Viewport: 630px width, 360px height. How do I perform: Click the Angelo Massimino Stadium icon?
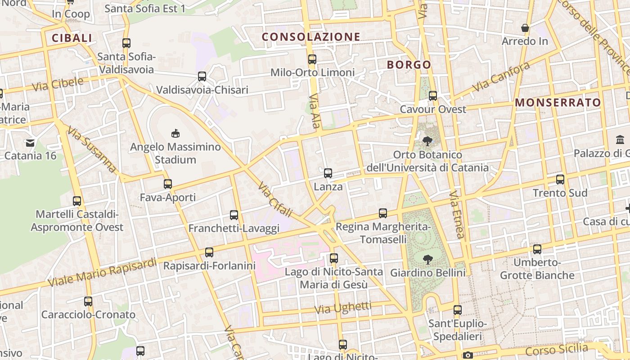point(175,133)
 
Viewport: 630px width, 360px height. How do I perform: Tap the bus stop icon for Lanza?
point(328,173)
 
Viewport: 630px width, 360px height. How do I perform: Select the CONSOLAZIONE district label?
point(311,37)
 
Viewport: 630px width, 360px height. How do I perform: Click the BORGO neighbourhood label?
point(409,65)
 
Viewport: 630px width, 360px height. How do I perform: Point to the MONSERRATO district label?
point(558,103)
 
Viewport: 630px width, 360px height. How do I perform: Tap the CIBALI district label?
point(72,38)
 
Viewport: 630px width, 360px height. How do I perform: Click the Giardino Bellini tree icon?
point(427,259)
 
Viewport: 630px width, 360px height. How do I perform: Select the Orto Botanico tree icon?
point(427,141)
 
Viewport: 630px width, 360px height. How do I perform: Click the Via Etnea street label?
point(456,214)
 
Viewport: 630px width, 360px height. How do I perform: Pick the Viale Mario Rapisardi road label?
point(102,272)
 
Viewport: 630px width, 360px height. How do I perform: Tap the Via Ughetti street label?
point(343,308)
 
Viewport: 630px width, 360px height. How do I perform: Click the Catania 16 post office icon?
point(30,143)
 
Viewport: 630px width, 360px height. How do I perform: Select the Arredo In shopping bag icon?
point(525,28)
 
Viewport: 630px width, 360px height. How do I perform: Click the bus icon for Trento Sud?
point(560,179)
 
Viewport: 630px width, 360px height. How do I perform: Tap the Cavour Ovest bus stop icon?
point(432,95)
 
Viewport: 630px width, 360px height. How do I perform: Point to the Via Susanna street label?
point(92,149)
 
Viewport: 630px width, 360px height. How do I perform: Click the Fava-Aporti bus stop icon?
point(168,184)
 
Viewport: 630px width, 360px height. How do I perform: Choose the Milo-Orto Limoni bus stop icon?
point(312,59)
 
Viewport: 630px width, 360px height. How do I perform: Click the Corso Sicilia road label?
point(556,350)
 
